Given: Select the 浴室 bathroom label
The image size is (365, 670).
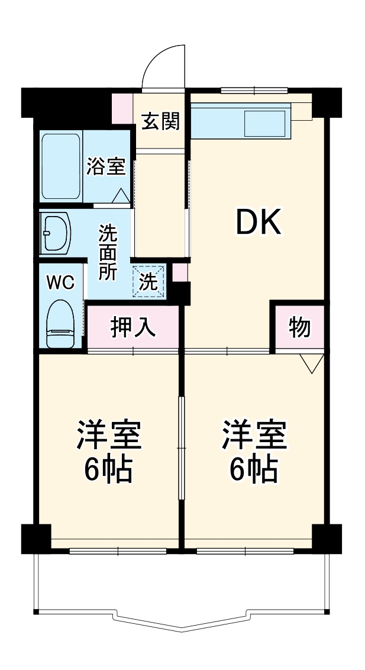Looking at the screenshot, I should [106, 166].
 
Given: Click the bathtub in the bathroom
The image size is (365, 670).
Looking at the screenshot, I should [61, 166].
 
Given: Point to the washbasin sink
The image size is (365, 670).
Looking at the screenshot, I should [57, 234].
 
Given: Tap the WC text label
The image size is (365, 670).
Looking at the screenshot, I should [61, 283].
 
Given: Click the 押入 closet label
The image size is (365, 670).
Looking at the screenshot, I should [133, 327].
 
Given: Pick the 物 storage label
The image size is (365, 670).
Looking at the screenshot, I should [300, 327].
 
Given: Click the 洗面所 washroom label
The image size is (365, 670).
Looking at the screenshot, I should [108, 252].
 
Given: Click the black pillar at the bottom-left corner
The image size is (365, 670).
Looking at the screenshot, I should [35, 538].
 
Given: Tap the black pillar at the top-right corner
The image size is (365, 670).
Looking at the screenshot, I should [327, 102].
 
